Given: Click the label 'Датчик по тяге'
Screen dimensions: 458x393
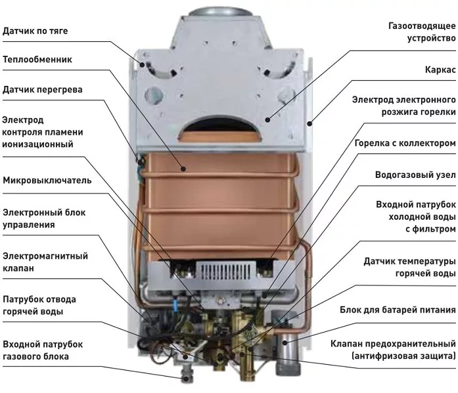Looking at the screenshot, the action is tap(35, 31).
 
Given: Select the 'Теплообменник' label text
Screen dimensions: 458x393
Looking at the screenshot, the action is tap(37, 60).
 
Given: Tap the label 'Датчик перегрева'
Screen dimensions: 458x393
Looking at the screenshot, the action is tap(42, 89).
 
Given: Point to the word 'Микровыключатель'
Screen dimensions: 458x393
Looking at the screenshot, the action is tap(47, 180).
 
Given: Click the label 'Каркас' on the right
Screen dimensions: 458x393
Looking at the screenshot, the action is tap(440, 70).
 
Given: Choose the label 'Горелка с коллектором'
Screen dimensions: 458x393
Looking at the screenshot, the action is tap(405, 143).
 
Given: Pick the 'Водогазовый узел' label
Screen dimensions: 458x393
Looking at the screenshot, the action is tap(415, 175).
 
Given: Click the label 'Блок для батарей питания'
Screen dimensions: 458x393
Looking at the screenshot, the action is tap(398, 310).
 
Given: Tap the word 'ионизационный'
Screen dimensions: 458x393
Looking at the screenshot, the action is tap(37, 144).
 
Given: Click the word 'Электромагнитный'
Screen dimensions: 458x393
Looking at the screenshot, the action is tap(45, 256).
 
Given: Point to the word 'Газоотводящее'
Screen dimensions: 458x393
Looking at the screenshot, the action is tap(422, 26).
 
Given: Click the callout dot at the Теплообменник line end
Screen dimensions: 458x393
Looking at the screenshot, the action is tap(183, 169).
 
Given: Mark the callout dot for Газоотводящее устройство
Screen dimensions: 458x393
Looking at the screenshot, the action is tap(267, 119).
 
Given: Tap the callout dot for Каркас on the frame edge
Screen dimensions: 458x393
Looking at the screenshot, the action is tap(309, 123).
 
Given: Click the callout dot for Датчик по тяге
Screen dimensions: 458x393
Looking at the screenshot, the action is tap(142, 64).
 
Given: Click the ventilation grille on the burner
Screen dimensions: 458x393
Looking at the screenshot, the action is tap(225, 271).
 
